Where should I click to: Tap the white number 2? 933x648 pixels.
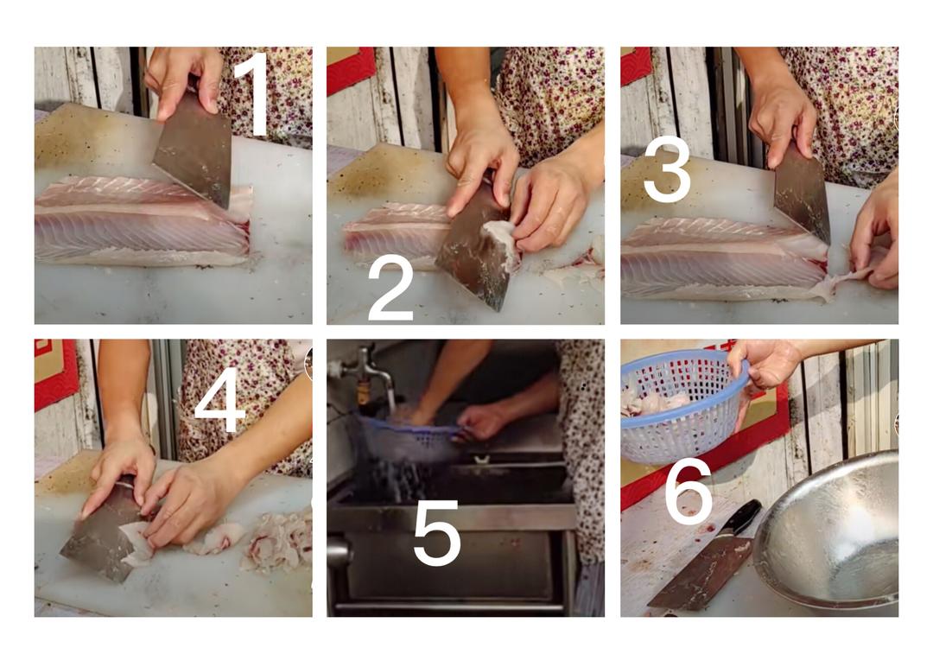pos(391,289)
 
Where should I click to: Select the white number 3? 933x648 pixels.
pos(667,169)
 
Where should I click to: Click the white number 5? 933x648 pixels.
pos(437,533)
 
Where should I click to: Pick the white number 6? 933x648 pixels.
pos(689,492)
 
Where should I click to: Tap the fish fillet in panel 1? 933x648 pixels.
pos(143,220)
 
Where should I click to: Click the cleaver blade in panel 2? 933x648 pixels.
pos(476,250)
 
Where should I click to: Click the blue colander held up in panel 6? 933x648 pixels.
pos(684,404)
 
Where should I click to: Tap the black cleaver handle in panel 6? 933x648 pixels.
pos(742,518)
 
